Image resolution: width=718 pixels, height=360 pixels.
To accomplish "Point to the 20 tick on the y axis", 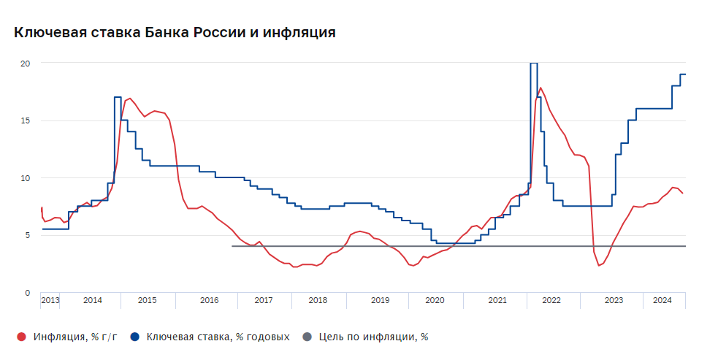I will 26,64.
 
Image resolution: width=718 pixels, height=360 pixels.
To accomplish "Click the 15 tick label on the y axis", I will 26,120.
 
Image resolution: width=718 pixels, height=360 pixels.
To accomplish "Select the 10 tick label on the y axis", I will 26,177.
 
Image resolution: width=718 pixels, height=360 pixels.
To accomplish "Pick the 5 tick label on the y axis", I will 28,235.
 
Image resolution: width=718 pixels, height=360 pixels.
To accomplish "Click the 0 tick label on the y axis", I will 28,292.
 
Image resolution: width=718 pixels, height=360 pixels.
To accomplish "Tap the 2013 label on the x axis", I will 50,301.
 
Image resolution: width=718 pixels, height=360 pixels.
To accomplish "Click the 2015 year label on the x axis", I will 147,301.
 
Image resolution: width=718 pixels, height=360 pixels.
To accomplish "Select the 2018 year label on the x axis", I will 318,301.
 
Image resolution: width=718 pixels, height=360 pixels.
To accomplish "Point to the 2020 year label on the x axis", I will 435,301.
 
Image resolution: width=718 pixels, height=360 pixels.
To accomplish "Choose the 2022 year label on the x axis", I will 551,301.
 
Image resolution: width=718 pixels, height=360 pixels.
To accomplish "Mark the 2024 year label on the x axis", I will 662,301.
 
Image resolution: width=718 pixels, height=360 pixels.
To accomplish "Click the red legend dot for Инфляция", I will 21,337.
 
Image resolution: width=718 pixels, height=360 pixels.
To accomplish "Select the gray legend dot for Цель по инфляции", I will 307,337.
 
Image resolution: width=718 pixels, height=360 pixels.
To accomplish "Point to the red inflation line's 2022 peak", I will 541,88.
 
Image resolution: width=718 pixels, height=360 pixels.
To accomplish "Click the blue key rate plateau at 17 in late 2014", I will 118,97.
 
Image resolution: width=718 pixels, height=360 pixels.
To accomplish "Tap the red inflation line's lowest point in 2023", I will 599,265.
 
